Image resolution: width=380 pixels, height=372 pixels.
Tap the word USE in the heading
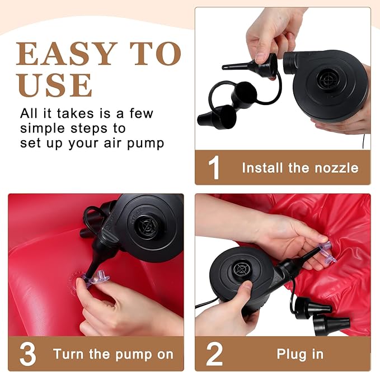click(54, 85)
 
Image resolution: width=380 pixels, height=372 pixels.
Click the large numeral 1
click(214, 168)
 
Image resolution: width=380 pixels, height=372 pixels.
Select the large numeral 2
click(214, 354)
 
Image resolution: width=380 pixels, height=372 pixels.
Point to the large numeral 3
click(28, 354)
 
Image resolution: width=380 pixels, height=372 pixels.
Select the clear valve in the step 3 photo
click(96, 279)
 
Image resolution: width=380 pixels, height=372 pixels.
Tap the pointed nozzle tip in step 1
click(223, 67)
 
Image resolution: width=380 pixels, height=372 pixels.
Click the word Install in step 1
click(262, 168)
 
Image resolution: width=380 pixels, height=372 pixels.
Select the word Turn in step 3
click(69, 354)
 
